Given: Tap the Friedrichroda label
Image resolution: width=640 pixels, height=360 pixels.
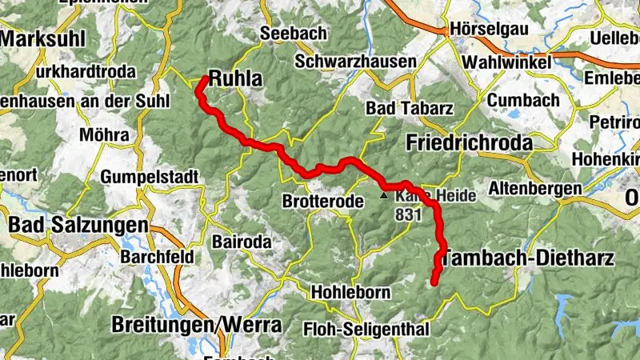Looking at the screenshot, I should (469, 142).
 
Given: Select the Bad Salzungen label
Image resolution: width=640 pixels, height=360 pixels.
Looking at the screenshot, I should (78, 226).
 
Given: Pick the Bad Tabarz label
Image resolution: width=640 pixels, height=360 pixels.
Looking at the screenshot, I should (399, 108).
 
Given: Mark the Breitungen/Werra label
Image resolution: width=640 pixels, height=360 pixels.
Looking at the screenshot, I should (197, 326).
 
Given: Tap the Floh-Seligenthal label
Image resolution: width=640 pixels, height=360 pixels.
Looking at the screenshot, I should (366, 329).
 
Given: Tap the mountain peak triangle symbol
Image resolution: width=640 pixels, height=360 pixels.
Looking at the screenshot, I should (384, 195).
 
